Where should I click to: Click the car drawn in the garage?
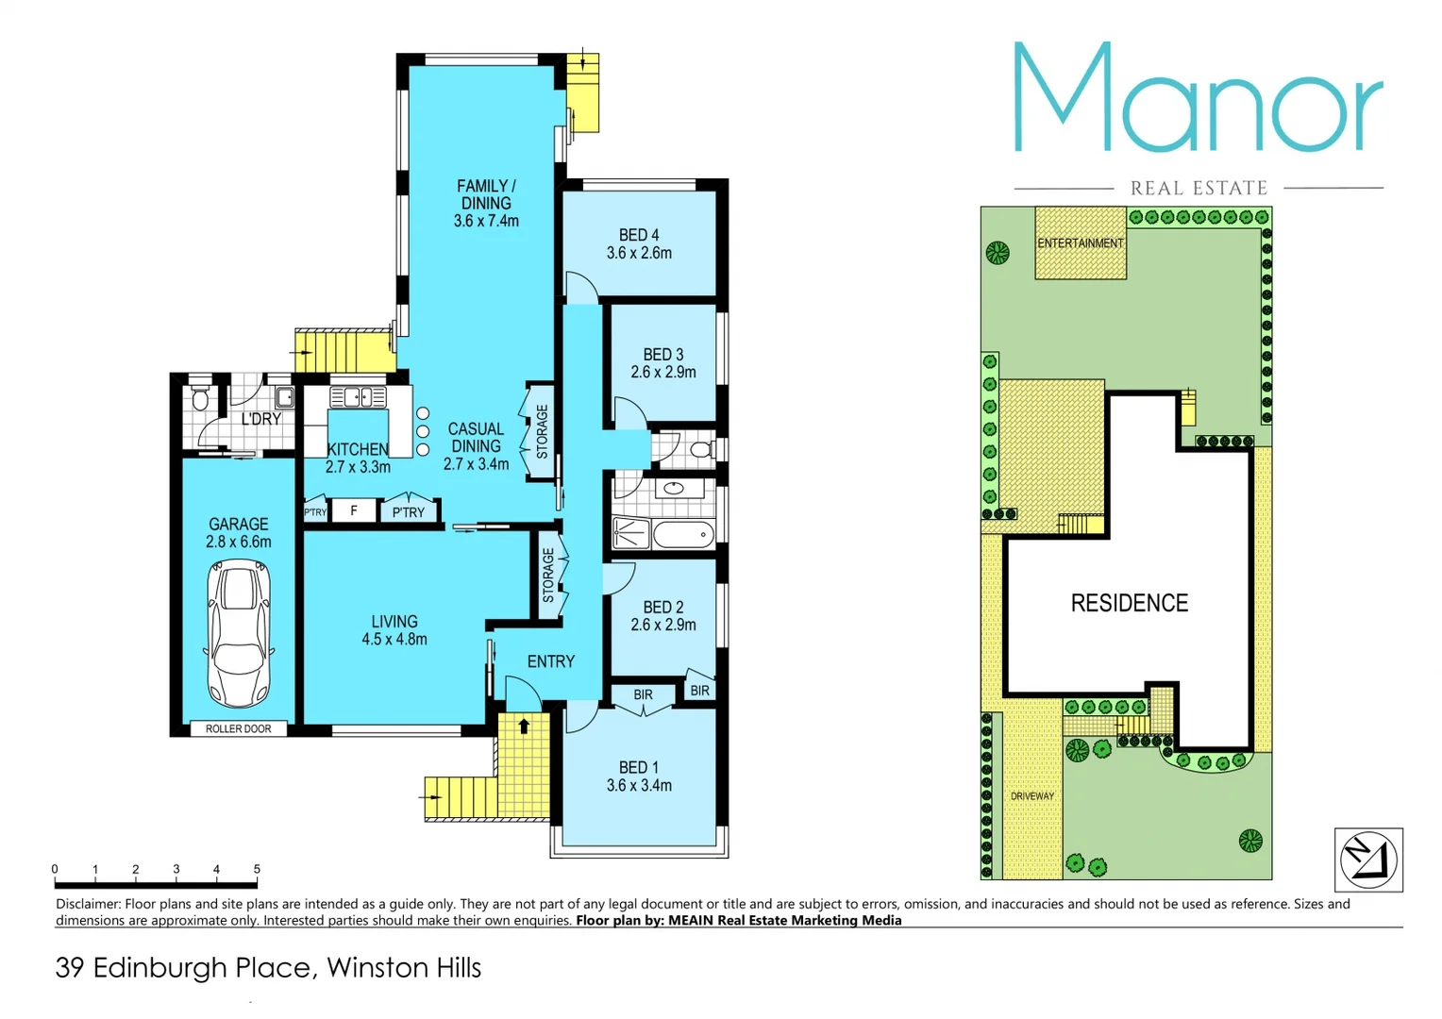tap(239, 633)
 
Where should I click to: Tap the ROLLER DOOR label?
tap(238, 729)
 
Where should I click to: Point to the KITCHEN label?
tap(358, 449)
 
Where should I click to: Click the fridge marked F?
tap(354, 511)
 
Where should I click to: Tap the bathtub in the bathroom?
tap(683, 535)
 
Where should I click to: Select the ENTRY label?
tap(551, 662)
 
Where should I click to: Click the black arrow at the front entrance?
tap(524, 727)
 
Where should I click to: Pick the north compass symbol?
tap(1368, 860)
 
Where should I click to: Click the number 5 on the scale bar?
tap(257, 869)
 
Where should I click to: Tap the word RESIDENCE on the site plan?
tap(1129, 603)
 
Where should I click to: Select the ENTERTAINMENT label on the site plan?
tap(1081, 243)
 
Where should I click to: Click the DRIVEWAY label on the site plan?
tap(1031, 796)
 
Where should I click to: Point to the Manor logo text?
tap(1199, 99)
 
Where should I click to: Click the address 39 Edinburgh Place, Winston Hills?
tap(268, 968)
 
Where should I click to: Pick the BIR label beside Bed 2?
tap(699, 691)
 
